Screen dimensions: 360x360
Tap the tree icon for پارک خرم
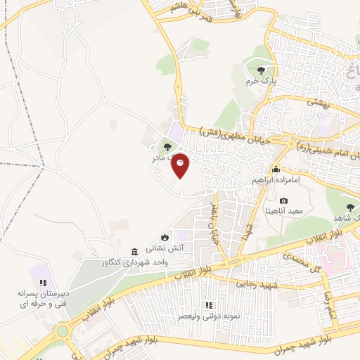coord(262,70)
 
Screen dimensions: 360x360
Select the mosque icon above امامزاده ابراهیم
coord(276,169)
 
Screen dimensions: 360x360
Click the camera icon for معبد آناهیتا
coord(284,201)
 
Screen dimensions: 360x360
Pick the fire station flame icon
coord(165,237)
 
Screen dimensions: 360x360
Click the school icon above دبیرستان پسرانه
coord(41,282)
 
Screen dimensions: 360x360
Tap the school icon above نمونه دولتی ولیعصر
coord(208,305)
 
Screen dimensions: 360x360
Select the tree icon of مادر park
coord(167,147)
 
